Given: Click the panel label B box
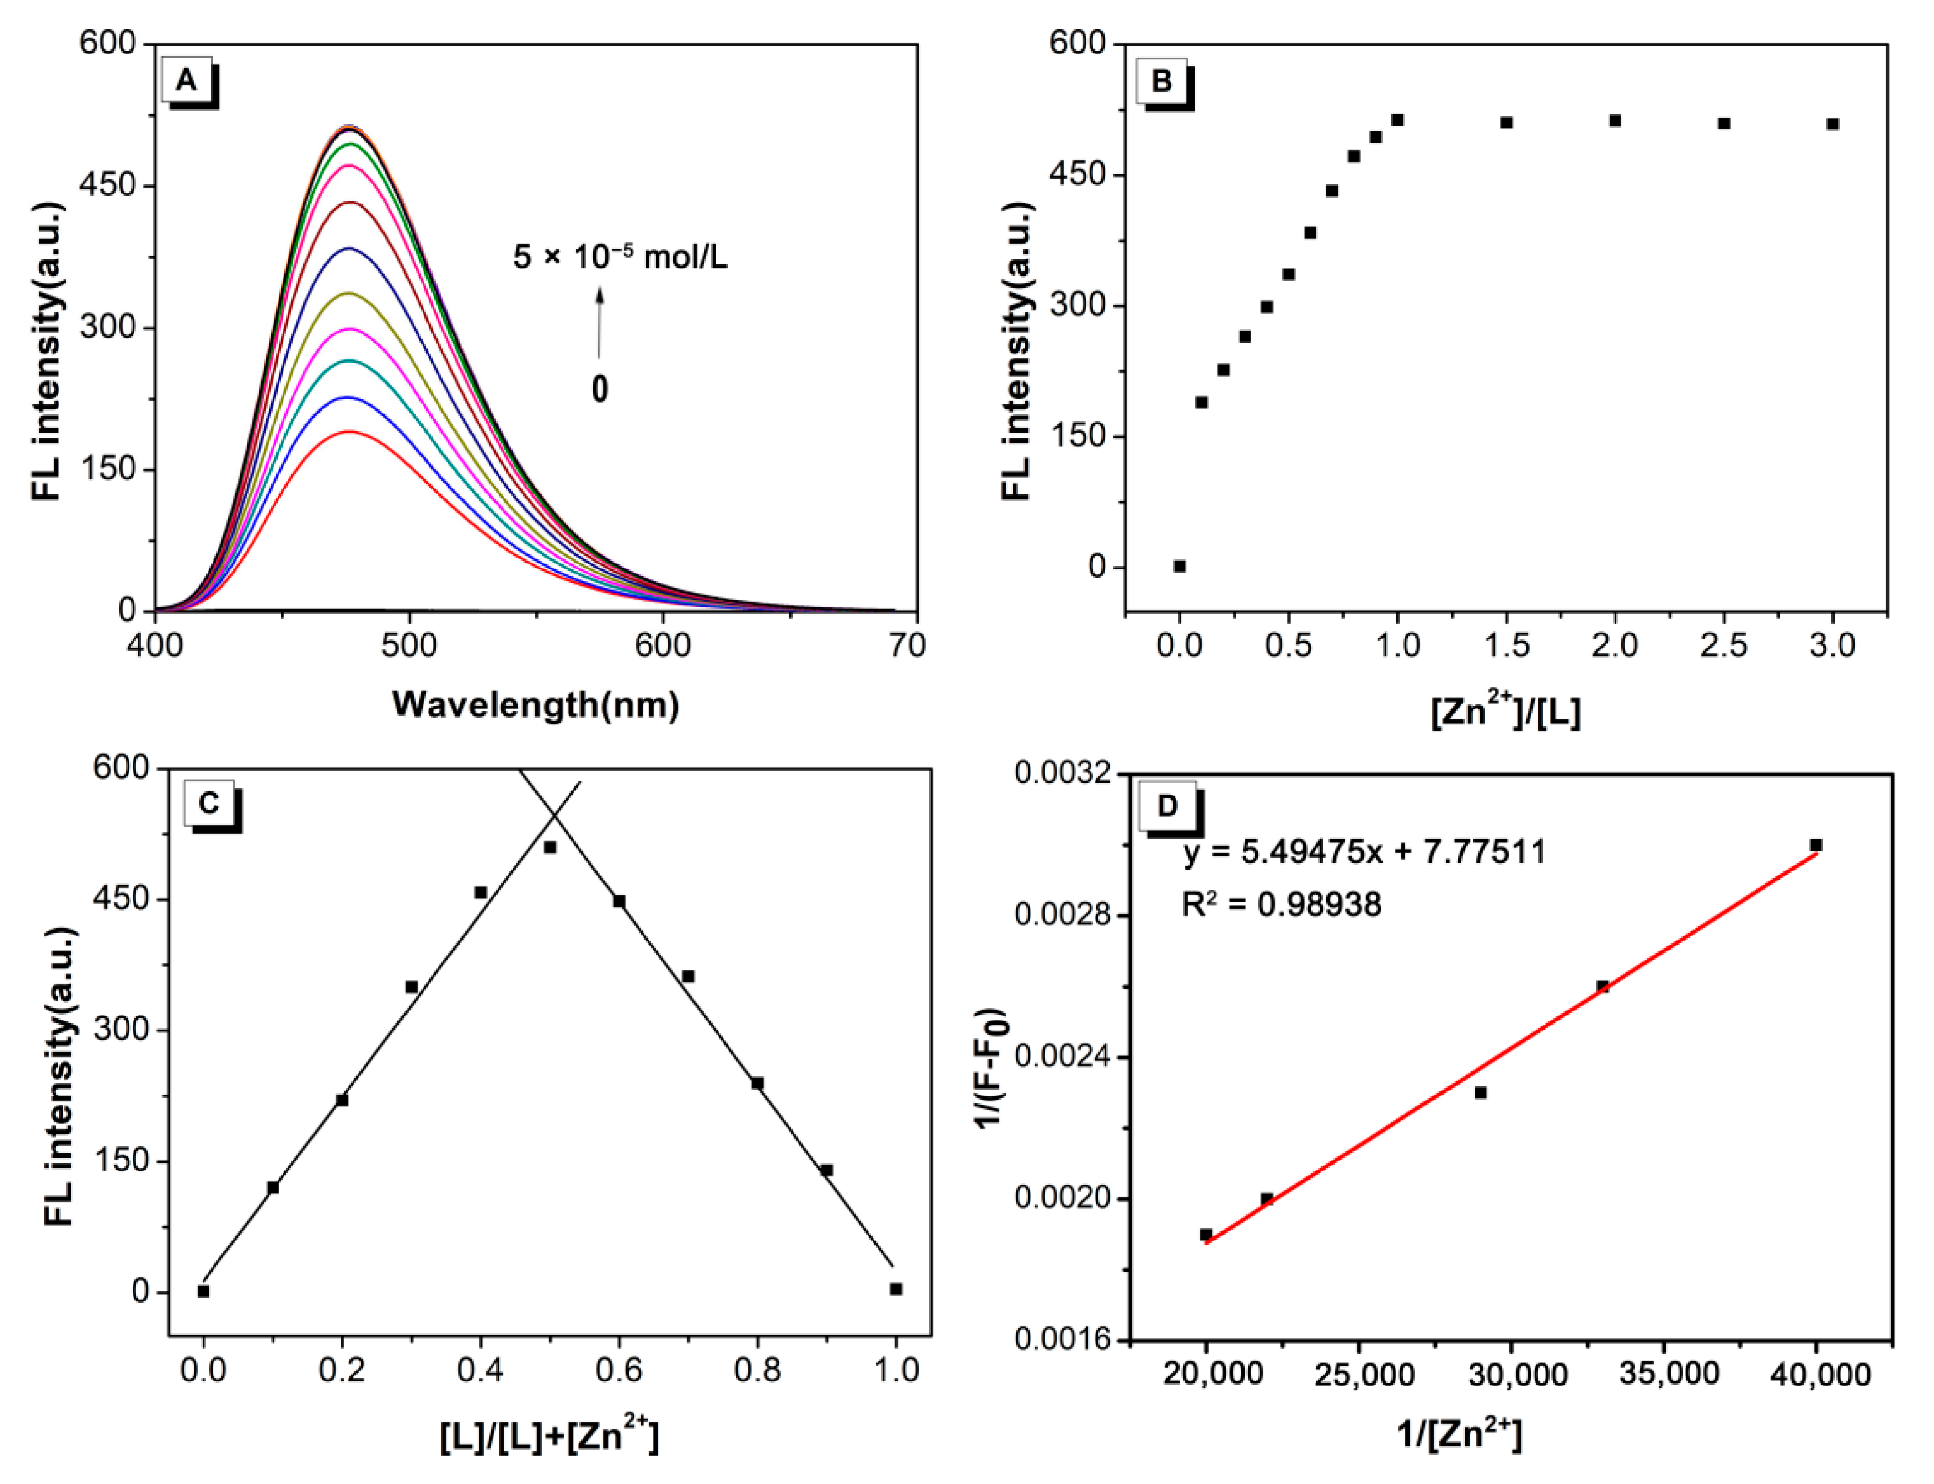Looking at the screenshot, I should [x=1162, y=81].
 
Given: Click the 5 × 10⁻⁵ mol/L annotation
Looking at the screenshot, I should [x=620, y=257].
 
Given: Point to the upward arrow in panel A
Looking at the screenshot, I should [x=599, y=323].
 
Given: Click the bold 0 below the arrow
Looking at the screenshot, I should [x=599, y=389].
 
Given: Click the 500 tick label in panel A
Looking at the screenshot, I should [x=409, y=646].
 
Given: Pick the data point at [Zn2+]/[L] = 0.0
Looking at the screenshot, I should [x=1180, y=566].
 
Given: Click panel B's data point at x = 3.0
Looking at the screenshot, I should [x=1833, y=124].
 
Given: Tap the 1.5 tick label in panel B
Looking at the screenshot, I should [x=1506, y=646].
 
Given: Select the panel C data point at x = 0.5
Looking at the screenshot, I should [x=549, y=847].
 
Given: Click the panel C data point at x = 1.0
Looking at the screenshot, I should [x=896, y=1289].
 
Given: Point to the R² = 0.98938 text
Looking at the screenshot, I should [x=1281, y=905].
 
